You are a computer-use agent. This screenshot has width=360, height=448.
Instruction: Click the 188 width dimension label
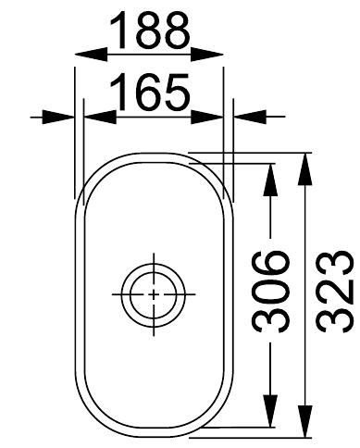(151, 33)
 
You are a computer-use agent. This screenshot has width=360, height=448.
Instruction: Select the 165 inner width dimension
(151, 93)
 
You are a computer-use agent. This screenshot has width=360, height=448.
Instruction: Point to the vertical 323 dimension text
(331, 290)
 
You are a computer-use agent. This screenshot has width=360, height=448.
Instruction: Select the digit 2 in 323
(331, 290)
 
